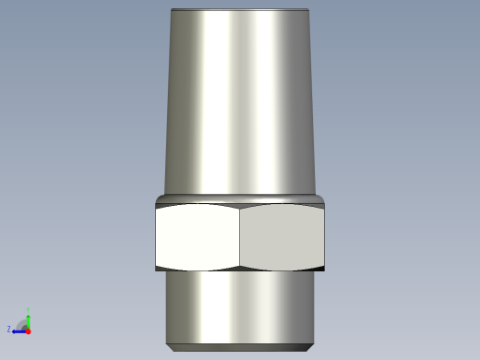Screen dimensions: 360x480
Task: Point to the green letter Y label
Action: click(x=29, y=309)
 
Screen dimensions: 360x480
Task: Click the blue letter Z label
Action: click(x=9, y=329)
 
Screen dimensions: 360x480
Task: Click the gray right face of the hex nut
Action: click(x=282, y=237)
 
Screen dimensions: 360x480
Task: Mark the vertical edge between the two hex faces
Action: click(x=240, y=237)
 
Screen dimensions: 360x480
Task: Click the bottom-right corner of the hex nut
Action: click(x=325, y=270)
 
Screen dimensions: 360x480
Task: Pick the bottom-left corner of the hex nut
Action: click(x=156, y=270)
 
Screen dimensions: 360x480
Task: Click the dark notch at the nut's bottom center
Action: click(x=240, y=269)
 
